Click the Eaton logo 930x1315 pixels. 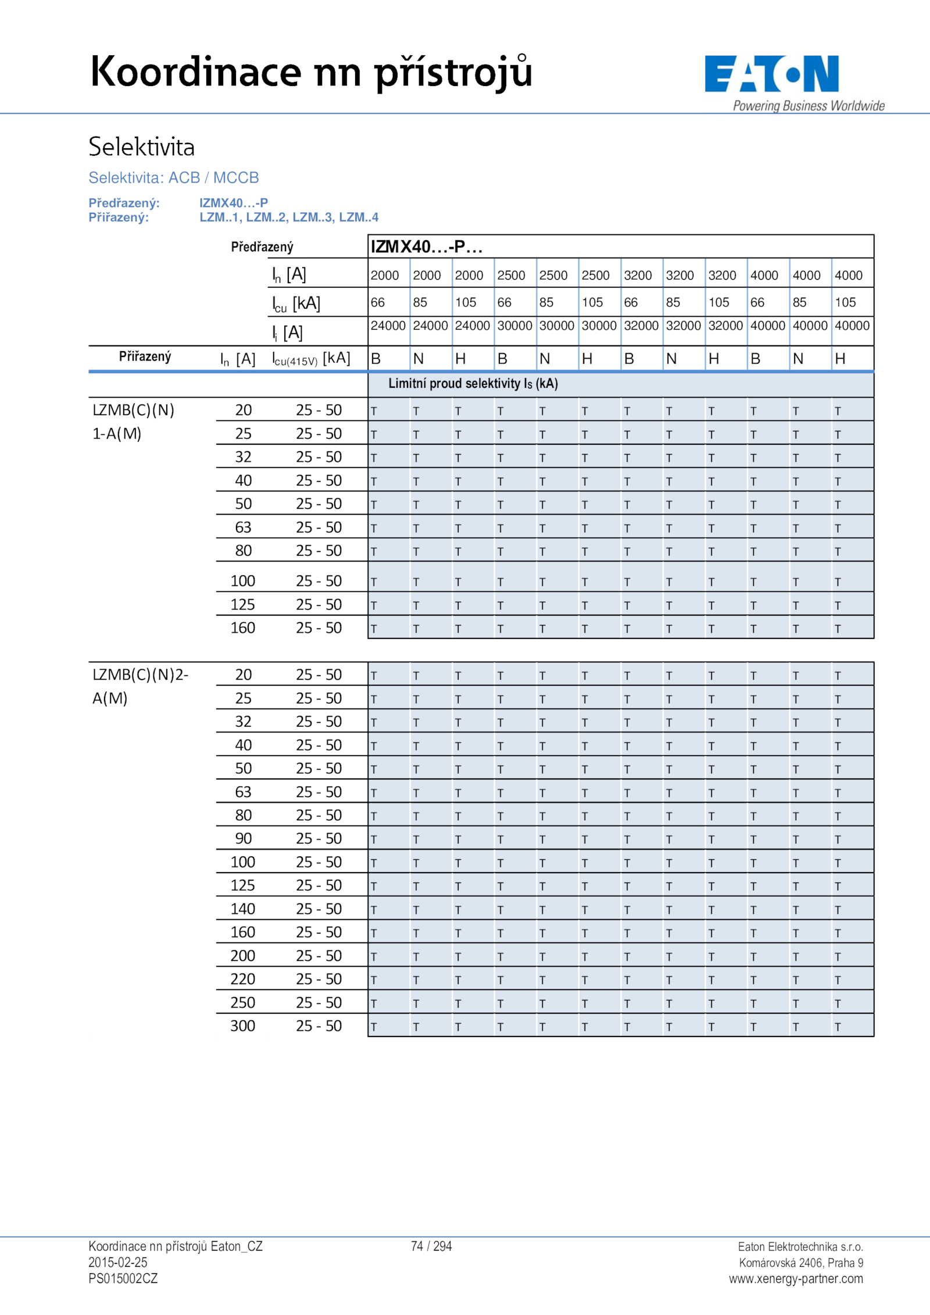tap(771, 74)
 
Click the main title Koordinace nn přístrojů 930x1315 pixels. tap(311, 72)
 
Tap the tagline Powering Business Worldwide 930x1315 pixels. tap(808, 106)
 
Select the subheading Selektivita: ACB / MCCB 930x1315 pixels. tap(173, 177)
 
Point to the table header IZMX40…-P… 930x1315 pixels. tap(427, 246)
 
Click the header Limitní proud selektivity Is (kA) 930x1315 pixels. tap(473, 384)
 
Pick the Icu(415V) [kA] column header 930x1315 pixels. tap(311, 359)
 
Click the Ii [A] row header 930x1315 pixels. tap(287, 333)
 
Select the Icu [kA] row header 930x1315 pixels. tap(296, 303)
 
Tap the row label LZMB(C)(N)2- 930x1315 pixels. tap(140, 674)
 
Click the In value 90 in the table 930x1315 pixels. tap(243, 838)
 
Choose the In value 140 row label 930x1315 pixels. tap(242, 909)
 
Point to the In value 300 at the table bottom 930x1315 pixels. tap(242, 1025)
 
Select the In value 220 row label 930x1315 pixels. tap(242, 979)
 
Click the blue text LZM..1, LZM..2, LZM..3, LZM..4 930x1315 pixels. tap(288, 217)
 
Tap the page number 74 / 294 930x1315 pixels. tap(431, 1246)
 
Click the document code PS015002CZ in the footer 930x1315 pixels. tap(123, 1278)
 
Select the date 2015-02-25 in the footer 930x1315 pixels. tap(117, 1262)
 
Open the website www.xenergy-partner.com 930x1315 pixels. tap(796, 1278)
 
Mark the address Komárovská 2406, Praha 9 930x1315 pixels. tap(800, 1262)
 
